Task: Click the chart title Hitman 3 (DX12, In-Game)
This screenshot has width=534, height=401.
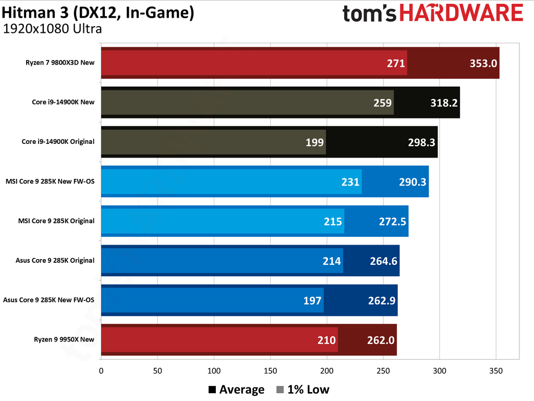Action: coord(99,13)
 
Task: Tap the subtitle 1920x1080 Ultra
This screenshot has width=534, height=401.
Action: coord(52,30)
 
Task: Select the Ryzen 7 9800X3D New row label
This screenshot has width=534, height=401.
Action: coord(60,63)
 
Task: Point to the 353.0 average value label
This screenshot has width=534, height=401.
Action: coord(482,63)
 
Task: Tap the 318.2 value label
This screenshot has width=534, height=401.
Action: coord(443,103)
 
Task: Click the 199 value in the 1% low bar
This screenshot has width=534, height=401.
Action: coord(315,142)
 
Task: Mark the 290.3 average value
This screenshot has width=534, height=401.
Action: coord(412,181)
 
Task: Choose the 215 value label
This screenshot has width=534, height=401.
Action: coord(333,221)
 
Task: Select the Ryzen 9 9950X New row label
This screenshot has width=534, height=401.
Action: coord(65,339)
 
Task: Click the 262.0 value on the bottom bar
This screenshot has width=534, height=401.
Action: coord(380,339)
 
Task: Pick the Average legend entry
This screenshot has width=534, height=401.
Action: coord(236,390)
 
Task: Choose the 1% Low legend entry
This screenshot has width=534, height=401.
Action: coord(304,390)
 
